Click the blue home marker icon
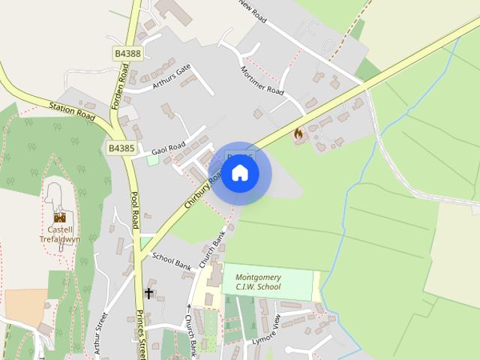[239, 173]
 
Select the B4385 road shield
[121, 148]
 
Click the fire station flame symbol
[298, 135]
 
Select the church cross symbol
[148, 292]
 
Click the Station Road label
[73, 110]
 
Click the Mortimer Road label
[262, 80]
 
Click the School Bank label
[172, 261]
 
